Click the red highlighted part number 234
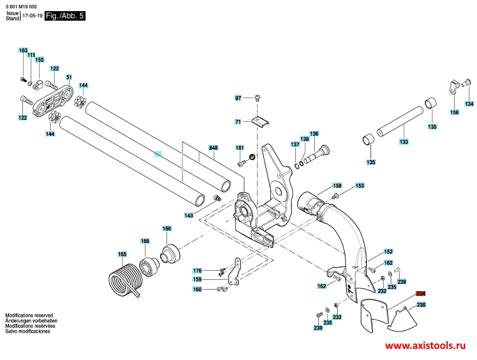click(421, 294)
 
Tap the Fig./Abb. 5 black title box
click(65, 16)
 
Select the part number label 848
click(213, 148)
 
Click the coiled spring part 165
click(123, 279)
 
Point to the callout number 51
click(69, 77)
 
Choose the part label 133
click(404, 141)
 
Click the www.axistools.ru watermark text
click(425, 345)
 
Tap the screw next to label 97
click(258, 98)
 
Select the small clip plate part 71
click(260, 121)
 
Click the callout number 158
click(337, 186)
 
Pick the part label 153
click(359, 186)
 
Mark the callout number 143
click(189, 215)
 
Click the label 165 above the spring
click(122, 254)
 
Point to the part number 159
click(197, 279)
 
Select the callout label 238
click(421, 304)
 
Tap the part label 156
click(454, 112)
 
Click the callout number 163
click(23, 50)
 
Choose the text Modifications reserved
click(29, 315)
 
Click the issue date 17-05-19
click(33, 16)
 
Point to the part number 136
click(314, 134)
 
